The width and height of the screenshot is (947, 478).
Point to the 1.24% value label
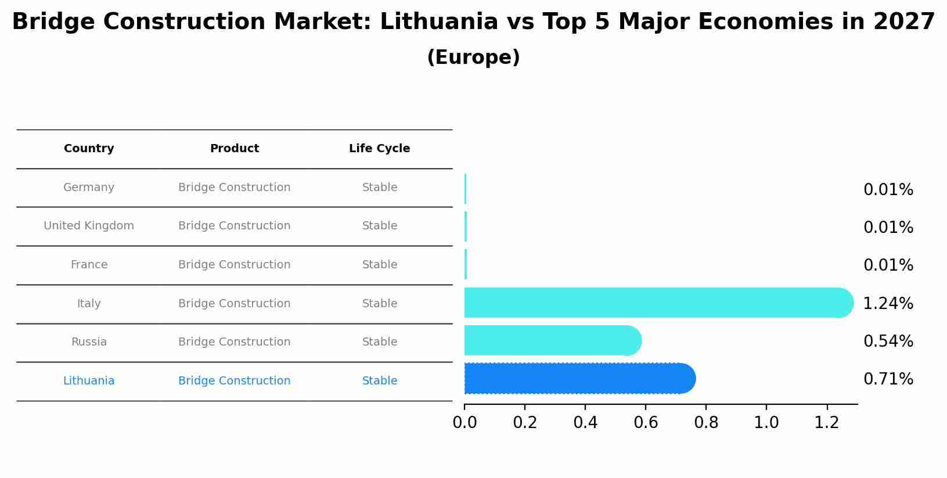tap(888, 303)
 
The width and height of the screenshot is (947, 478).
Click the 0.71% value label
tap(888, 379)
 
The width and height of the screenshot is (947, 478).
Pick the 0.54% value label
tap(888, 341)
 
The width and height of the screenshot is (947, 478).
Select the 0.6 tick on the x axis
tap(646, 423)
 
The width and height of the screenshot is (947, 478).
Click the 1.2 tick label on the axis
tap(827, 423)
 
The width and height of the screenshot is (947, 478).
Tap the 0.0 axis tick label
tap(465, 423)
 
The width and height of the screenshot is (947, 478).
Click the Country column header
tap(89, 149)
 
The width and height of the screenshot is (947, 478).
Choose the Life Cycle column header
tap(379, 149)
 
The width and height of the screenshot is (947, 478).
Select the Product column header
tap(234, 149)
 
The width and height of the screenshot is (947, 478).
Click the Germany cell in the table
tap(89, 188)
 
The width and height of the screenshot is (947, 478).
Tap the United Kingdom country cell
tap(89, 226)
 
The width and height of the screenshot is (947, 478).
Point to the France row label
tap(89, 265)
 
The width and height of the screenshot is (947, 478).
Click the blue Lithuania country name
tap(89, 381)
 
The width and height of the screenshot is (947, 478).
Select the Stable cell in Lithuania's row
tap(379, 381)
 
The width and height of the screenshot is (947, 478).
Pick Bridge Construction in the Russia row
tap(234, 342)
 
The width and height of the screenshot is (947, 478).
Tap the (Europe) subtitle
tap(473, 57)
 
